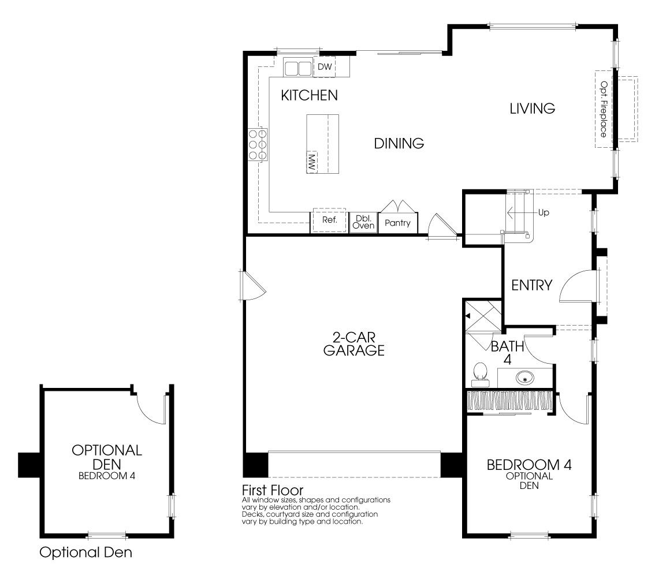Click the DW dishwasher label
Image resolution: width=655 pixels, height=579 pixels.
[x=325, y=67]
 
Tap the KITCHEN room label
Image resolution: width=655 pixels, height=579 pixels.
[x=309, y=95]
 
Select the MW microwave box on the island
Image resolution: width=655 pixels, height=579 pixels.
[x=312, y=162]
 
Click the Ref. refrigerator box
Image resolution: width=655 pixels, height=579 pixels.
[x=328, y=220]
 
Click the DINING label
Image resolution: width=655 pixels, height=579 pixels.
[x=399, y=143]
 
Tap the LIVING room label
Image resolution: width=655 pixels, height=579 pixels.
[x=532, y=108]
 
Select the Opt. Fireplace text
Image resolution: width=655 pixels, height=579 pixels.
[x=604, y=109]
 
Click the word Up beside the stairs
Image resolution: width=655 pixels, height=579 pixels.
[x=543, y=212]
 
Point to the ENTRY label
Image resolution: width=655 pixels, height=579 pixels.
[x=532, y=285]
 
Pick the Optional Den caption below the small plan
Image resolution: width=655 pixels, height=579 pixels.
[x=85, y=552]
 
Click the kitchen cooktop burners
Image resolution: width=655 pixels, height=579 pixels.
[x=258, y=144]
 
